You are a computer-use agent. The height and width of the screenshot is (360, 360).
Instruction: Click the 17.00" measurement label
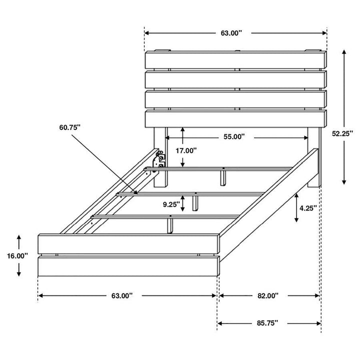[x=185, y=150]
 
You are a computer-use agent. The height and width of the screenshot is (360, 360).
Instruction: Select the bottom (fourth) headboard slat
[x=235, y=119]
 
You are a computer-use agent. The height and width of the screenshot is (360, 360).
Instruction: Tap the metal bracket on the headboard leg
[x=160, y=160]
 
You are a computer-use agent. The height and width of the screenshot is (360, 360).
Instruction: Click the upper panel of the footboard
[x=128, y=243]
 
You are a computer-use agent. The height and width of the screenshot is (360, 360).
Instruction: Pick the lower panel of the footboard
[x=128, y=264]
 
